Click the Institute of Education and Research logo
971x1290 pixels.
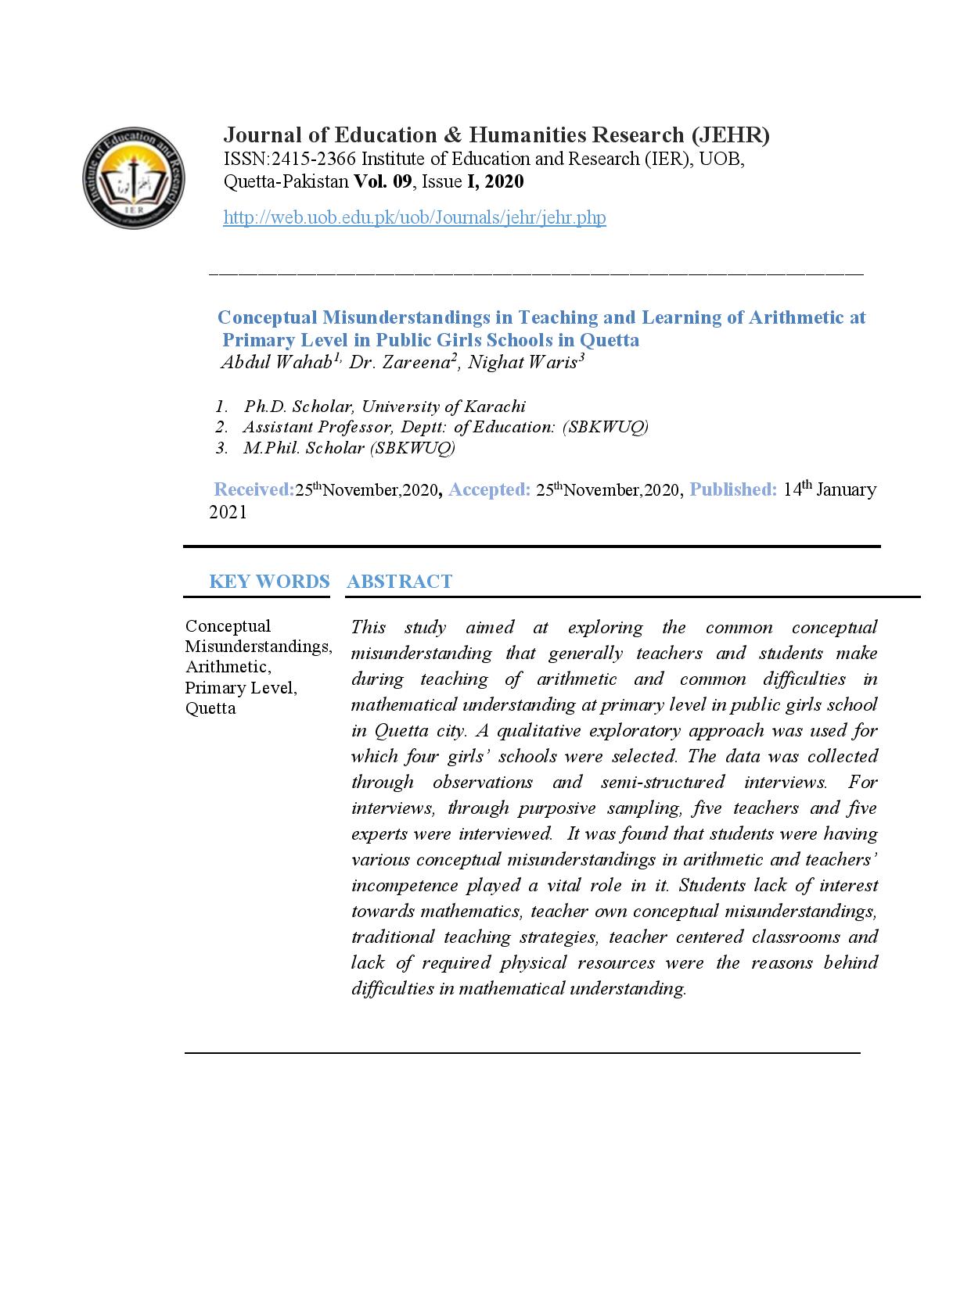click(134, 179)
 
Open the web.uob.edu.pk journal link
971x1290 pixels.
click(415, 217)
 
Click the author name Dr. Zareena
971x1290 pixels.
click(400, 362)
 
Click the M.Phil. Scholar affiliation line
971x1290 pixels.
click(349, 447)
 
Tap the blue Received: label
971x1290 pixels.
click(254, 489)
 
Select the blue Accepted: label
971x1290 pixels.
click(490, 489)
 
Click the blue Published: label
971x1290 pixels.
click(733, 489)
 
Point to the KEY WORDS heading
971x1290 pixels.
click(269, 582)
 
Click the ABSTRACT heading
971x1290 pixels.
click(399, 582)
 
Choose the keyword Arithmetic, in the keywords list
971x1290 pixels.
click(228, 667)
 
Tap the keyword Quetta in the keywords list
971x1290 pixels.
click(210, 708)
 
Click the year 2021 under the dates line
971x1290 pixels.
click(228, 512)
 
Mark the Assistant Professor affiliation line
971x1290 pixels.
click(445, 427)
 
